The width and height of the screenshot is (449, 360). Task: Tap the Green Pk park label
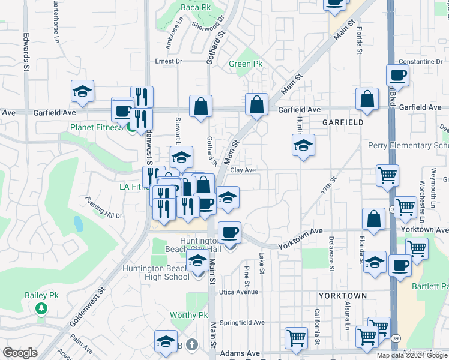[x=246, y=64]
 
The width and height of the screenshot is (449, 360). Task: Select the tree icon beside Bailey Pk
[x=41, y=308]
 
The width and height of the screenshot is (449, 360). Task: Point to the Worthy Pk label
[x=188, y=315]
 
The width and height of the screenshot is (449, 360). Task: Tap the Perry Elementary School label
[x=408, y=146]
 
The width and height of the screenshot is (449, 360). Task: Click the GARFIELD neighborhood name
[x=342, y=122]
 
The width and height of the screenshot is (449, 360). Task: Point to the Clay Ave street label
[x=243, y=170]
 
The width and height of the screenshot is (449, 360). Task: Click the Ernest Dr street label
[x=168, y=61]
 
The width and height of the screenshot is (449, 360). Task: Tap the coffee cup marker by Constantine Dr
[x=398, y=76]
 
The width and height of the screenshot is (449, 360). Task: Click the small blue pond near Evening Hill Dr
[x=79, y=224]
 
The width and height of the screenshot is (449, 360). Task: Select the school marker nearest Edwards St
[x=82, y=92]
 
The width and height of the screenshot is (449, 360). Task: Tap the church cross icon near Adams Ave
[x=191, y=345]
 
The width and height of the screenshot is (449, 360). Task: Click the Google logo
[x=20, y=353]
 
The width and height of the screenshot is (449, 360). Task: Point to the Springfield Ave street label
[x=242, y=322]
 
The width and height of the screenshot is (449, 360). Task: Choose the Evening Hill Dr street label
[x=103, y=208]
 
